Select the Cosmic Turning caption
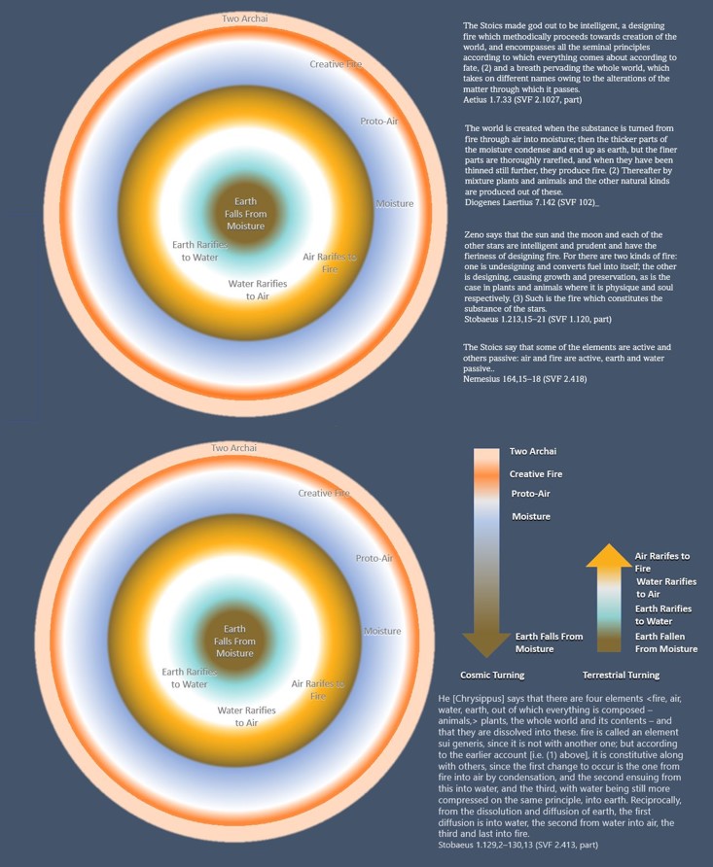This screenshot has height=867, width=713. (491, 675)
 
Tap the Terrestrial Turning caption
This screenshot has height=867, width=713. (620, 675)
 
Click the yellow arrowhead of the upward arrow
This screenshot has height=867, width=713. (608, 556)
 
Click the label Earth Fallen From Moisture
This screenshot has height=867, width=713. (666, 642)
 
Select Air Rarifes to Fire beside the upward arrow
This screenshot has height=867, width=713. (662, 562)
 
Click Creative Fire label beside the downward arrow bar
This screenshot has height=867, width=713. (536, 473)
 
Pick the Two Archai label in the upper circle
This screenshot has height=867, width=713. (245, 17)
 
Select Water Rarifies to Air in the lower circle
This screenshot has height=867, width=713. (248, 716)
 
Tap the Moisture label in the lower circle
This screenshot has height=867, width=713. (381, 631)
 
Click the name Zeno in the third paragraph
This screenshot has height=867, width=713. (476, 235)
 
